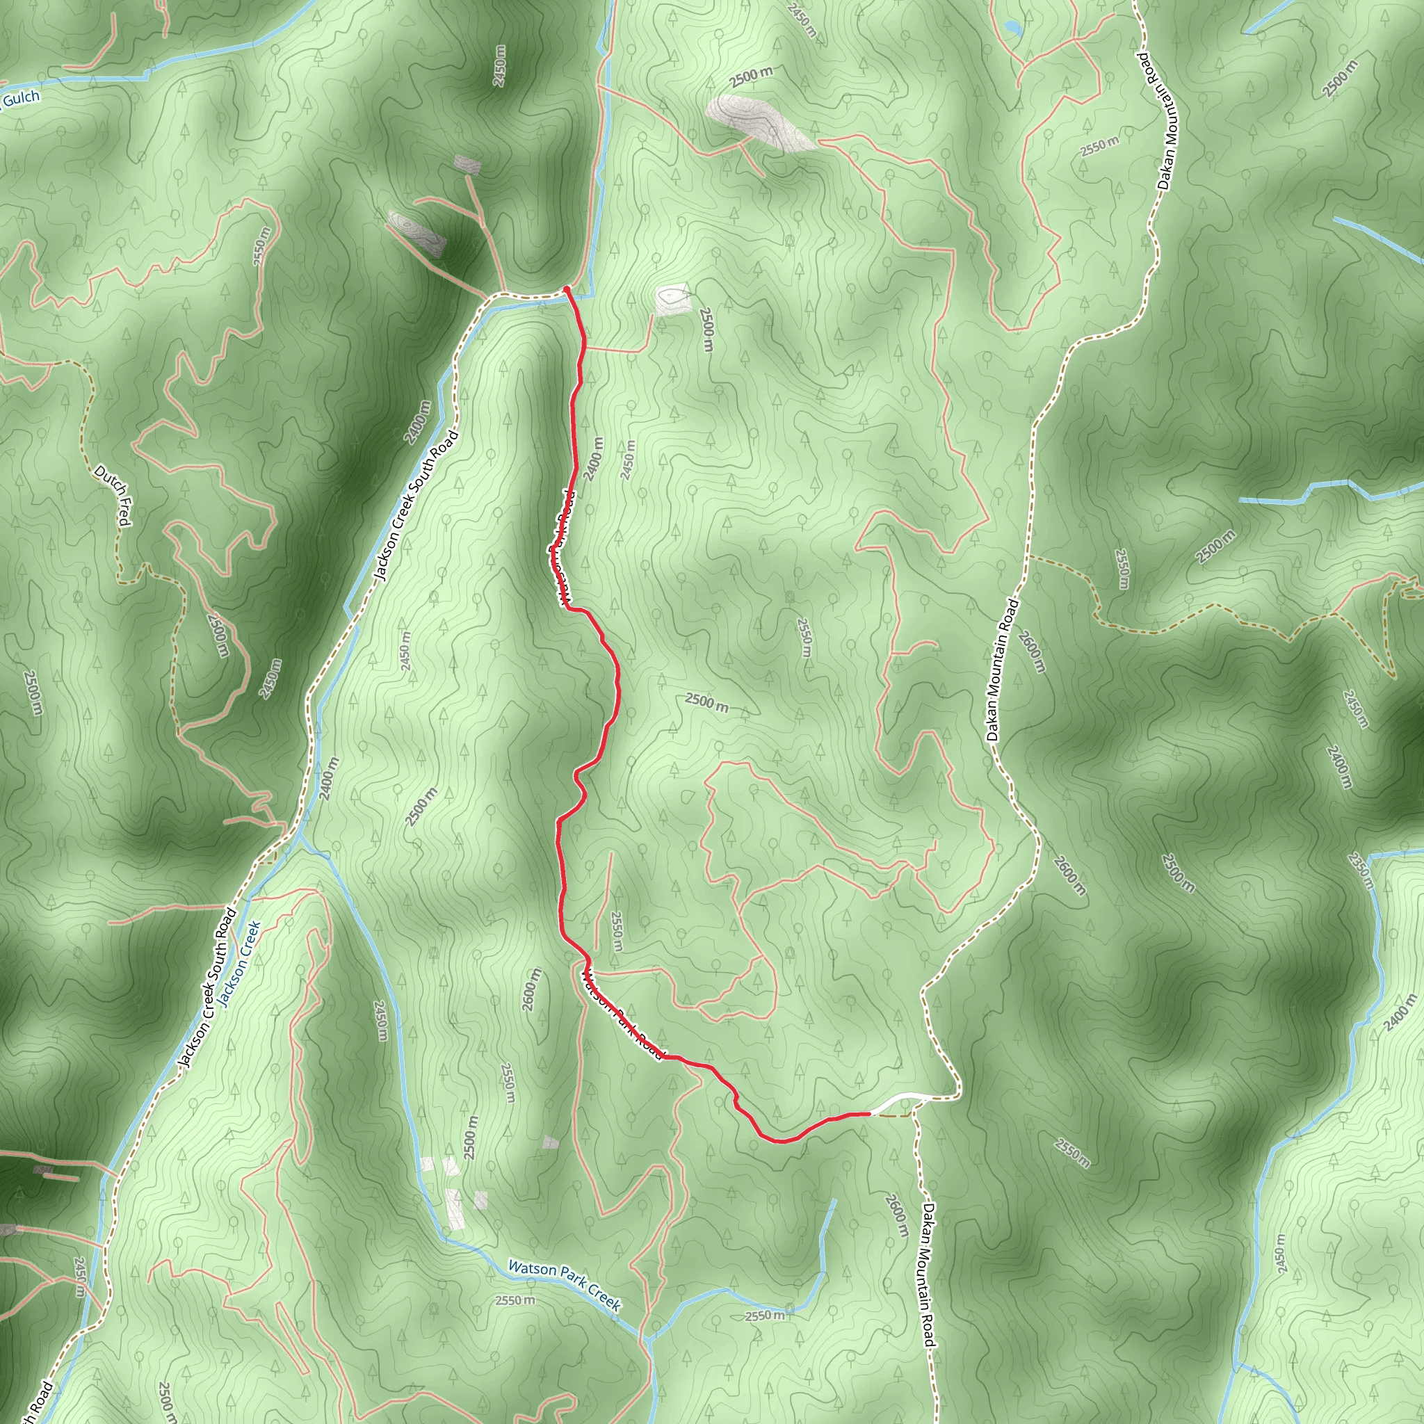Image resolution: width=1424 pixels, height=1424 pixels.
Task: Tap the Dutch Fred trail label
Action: [113, 495]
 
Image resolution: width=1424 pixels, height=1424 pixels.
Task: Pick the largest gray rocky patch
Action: [759, 122]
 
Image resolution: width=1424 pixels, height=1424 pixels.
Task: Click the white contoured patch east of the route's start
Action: [672, 298]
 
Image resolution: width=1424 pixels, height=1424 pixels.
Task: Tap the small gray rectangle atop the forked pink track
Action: [467, 163]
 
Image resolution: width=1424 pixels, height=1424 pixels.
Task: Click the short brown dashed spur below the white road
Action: [893, 1117]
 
